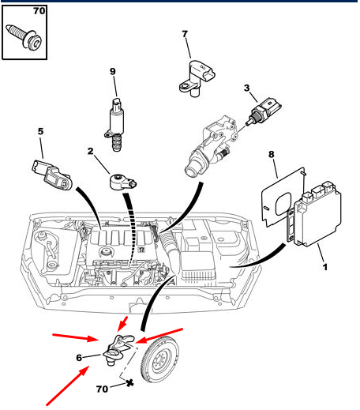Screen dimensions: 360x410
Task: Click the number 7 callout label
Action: pyautogui.click(x=185, y=34)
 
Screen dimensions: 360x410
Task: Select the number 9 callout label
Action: pyautogui.click(x=113, y=71)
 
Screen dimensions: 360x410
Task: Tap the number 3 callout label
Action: pyautogui.click(x=246, y=88)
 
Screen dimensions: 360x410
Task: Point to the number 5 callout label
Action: pyautogui.click(x=40, y=131)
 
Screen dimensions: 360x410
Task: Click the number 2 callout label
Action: pyautogui.click(x=90, y=151)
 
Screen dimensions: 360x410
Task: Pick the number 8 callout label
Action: pyautogui.click(x=272, y=154)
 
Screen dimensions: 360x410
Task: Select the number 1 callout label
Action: pyautogui.click(x=325, y=267)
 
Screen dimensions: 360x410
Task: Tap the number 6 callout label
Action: pyautogui.click(x=79, y=358)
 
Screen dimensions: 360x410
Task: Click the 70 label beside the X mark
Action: pyautogui.click(x=102, y=389)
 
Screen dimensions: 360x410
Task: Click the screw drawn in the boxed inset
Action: pyautogui.click(x=24, y=37)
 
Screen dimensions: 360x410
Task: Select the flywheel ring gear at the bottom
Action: pyautogui.click(x=159, y=360)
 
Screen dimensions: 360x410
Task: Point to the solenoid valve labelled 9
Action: pyautogui.click(x=115, y=125)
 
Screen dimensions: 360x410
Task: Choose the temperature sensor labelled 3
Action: pyautogui.click(x=263, y=111)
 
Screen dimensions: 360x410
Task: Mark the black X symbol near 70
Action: pyautogui.click(x=129, y=383)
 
